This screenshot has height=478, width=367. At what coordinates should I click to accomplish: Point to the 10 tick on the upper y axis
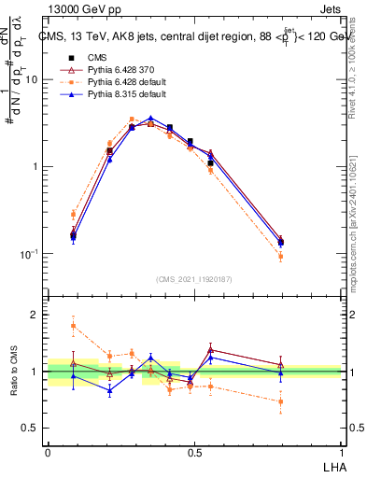[x=34, y=79]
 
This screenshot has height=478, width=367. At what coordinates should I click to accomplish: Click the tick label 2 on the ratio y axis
[x=36, y=315]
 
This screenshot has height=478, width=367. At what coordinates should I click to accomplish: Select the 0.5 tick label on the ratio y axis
[x=32, y=429]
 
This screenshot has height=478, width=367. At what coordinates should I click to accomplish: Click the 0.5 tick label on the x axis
[x=194, y=453]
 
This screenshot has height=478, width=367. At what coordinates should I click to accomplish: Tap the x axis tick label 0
[x=48, y=453]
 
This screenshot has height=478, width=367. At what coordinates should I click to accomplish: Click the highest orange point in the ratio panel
[x=73, y=326]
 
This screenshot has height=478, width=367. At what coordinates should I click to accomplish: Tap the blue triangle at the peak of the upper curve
[x=150, y=119]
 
